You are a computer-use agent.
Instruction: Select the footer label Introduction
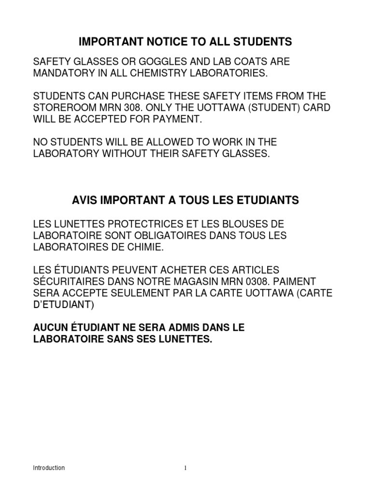click(48, 468)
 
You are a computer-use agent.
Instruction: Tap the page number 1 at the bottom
click(185, 468)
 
